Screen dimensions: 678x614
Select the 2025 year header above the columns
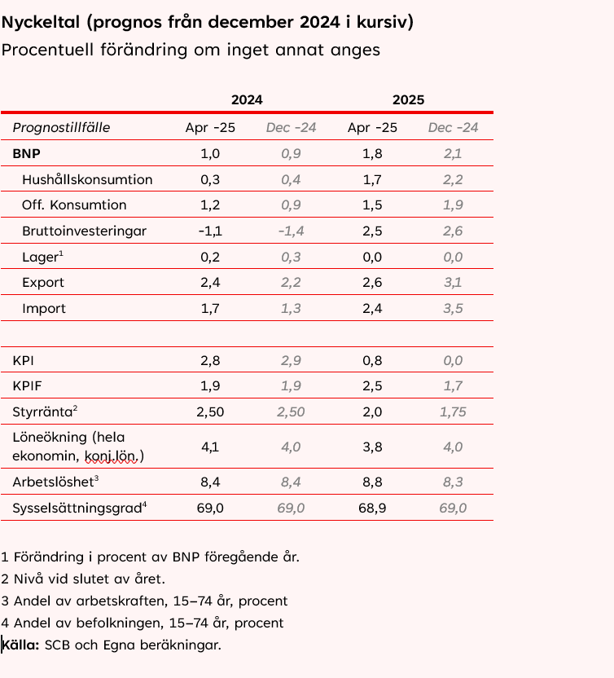click(x=408, y=100)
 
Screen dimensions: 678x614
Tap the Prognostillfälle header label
click(x=61, y=127)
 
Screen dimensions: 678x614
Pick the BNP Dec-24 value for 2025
click(x=453, y=153)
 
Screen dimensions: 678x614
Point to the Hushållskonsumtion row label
click(x=87, y=179)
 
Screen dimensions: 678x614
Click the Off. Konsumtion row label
click(x=74, y=205)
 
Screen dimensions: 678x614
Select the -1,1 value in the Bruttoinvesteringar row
click(x=210, y=231)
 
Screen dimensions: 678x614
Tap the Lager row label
click(x=40, y=258)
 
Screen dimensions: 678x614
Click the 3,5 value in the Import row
click(x=453, y=309)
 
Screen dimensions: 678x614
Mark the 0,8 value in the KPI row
click(x=372, y=360)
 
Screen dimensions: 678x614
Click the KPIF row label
click(x=28, y=386)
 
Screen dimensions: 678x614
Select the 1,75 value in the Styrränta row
click(x=453, y=412)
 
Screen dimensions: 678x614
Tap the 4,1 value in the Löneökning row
click(x=210, y=447)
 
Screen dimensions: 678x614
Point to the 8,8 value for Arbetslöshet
click(x=372, y=482)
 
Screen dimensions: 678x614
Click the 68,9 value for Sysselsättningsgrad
click(x=372, y=508)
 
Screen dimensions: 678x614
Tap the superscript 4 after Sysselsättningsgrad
click(x=144, y=504)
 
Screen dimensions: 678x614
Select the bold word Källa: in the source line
click(x=21, y=645)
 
